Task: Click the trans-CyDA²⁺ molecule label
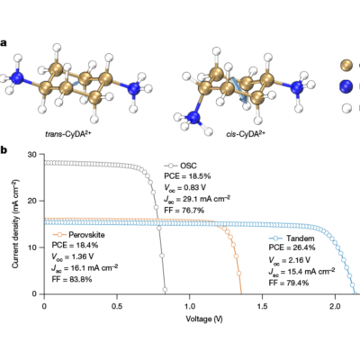pyautogui.click(x=68, y=133)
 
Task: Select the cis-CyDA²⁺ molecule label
pyautogui.click(x=246, y=133)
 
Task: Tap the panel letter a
pyautogui.click(x=3, y=43)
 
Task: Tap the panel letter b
pyautogui.click(x=4, y=150)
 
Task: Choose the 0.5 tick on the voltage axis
pyautogui.click(x=117, y=306)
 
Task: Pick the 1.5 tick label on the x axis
pyautogui.click(x=263, y=306)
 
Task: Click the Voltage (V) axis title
pyautogui.click(x=204, y=319)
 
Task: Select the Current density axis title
pyautogui.click(x=16, y=224)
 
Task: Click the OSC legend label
pyautogui.click(x=188, y=166)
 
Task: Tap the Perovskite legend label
pyautogui.click(x=86, y=235)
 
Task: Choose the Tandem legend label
pyautogui.click(x=300, y=238)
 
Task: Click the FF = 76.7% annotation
pyautogui.click(x=184, y=211)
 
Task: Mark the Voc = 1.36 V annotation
pyautogui.click(x=73, y=256)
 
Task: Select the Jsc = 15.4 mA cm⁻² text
pyautogui.click(x=301, y=272)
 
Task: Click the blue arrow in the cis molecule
pyautogui.click(x=240, y=90)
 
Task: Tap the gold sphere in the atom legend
pyautogui.click(x=346, y=65)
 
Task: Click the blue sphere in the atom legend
pyautogui.click(x=346, y=86)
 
